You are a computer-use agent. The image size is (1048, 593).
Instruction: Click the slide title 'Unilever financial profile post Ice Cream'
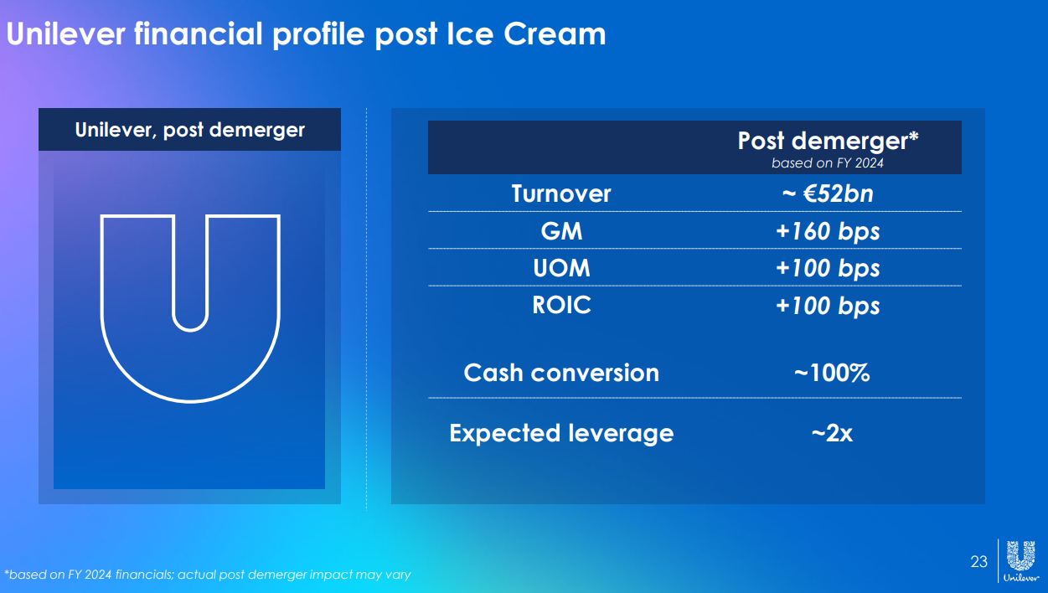(306, 34)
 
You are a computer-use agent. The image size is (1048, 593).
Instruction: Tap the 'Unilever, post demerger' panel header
(189, 130)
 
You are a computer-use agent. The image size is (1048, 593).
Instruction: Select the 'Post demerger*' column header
(829, 141)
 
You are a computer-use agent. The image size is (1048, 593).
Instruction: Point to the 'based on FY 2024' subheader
(828, 162)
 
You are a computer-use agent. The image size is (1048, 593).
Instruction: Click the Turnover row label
(561, 193)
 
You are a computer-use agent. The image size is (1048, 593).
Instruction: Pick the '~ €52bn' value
(828, 193)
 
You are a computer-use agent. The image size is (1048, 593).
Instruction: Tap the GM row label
(561, 231)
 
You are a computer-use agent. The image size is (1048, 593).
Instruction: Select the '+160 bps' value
(828, 231)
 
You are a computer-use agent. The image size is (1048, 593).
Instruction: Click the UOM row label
(561, 268)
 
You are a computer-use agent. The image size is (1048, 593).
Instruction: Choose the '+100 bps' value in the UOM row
(828, 268)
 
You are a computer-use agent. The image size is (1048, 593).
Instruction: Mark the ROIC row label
(561, 305)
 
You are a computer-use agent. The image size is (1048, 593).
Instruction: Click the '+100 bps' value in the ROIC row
(828, 306)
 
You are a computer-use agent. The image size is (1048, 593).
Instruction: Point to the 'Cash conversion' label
(561, 373)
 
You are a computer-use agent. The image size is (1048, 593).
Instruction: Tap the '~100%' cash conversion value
(832, 373)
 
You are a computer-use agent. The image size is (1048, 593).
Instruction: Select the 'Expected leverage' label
(561, 433)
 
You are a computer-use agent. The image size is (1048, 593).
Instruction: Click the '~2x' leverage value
(832, 433)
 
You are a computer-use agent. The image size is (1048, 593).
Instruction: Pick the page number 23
(978, 561)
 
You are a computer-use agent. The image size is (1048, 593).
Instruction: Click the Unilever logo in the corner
(1021, 561)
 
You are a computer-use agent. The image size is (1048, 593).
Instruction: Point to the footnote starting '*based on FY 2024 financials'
(208, 575)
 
